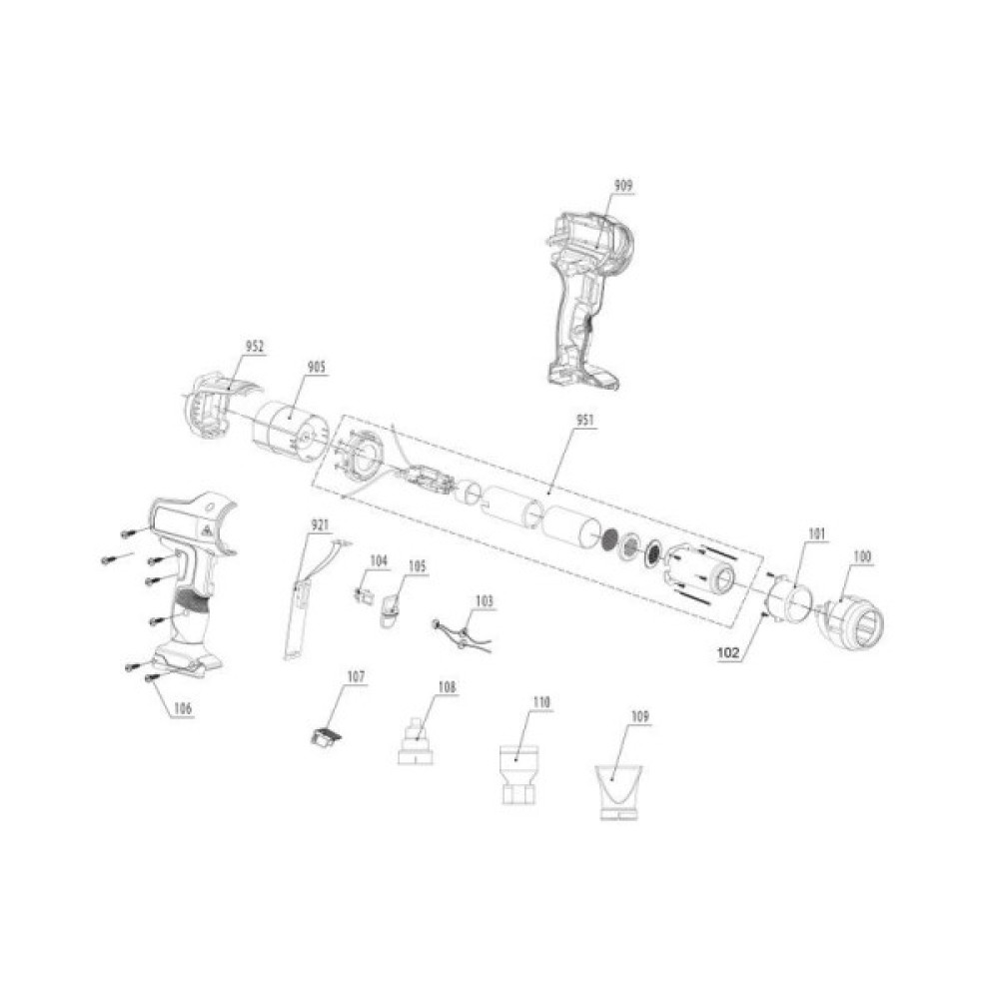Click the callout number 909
click(623, 185)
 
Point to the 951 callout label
click(583, 421)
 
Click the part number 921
click(320, 523)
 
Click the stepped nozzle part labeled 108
click(418, 743)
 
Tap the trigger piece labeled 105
click(390, 607)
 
